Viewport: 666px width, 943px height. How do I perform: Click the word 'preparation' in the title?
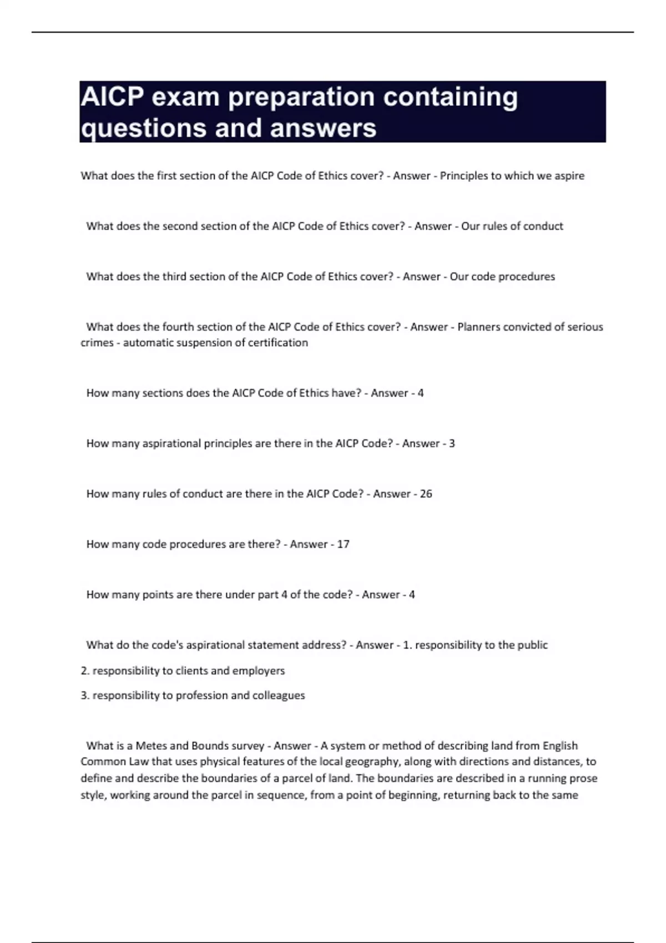pos(301,98)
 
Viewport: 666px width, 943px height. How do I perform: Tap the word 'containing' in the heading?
pos(451,98)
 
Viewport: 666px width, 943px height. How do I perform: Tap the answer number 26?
pos(426,494)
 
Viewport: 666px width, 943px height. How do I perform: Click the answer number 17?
pos(343,544)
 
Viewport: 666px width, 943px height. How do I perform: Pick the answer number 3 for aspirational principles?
pos(452,443)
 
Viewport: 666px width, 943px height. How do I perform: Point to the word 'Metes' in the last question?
pos(151,746)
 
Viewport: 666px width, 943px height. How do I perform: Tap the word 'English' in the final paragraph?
pos(560,746)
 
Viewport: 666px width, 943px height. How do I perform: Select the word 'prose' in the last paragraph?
pos(583,778)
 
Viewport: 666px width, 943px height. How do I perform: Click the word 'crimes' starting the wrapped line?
pos(97,343)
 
